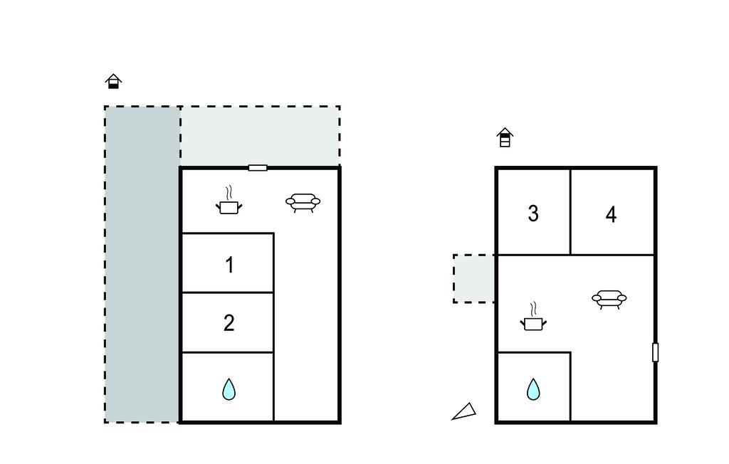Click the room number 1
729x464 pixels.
(229, 265)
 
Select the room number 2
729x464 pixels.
(229, 323)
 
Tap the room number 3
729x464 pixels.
(533, 213)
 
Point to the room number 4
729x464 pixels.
(611, 215)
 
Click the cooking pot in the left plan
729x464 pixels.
(229, 201)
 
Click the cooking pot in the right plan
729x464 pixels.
(533, 317)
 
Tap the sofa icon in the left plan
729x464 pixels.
(303, 203)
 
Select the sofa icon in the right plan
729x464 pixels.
(609, 300)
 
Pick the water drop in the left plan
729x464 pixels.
(229, 389)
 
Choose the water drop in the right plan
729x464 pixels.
(533, 389)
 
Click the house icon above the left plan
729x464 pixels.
(113, 81)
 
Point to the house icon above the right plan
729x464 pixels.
(505, 137)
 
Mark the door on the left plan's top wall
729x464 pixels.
(258, 168)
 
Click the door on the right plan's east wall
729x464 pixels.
(655, 352)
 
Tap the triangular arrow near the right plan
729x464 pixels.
(464, 412)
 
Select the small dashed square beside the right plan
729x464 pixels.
(474, 278)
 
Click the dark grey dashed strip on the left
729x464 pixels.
(142, 264)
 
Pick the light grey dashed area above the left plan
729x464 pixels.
(260, 136)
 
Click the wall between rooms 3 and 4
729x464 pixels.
(570, 211)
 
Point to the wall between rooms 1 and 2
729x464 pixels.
(227, 292)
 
